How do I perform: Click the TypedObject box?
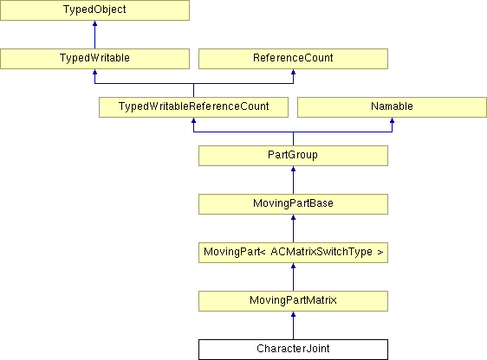coord(94,10)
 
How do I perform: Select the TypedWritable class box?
coord(94,59)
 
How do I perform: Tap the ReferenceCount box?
coord(293,59)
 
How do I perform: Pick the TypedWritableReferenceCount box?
coord(193,107)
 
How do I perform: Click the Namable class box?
coord(392,107)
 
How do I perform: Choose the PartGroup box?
coord(293,156)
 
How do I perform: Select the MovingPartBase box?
coord(293,204)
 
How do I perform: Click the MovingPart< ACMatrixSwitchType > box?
coord(293,253)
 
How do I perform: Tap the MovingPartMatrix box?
coord(293,301)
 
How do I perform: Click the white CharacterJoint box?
coord(293,350)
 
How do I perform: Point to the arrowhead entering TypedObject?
coord(94,23)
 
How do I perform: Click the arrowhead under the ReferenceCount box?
coord(293,72)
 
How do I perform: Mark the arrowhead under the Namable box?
coord(392,120)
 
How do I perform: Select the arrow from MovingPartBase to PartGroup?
coord(293,180)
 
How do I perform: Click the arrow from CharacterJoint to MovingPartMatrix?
coord(293,325)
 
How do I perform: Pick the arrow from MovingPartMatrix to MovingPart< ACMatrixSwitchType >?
coord(293,277)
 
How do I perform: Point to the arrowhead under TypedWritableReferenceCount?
coord(193,120)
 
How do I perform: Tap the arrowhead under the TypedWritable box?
coord(94,72)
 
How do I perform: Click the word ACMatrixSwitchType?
coord(321,252)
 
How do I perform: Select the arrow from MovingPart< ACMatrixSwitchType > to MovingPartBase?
coord(293,228)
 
